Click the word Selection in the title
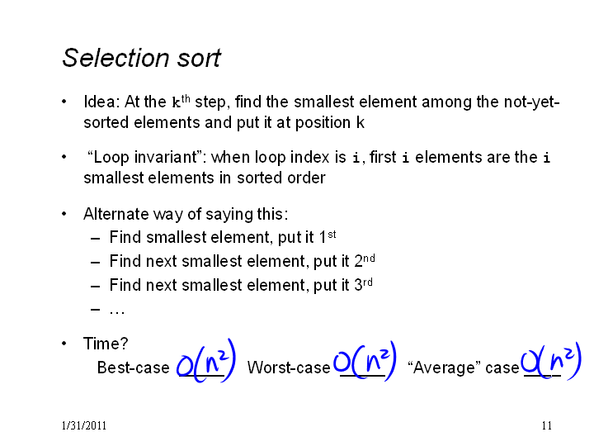(x=115, y=58)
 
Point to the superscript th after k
(x=186, y=98)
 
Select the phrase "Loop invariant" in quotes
(x=148, y=158)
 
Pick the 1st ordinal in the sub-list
(x=328, y=237)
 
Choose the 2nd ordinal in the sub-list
(x=365, y=260)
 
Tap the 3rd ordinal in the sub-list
(x=363, y=284)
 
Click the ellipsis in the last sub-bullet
(x=117, y=312)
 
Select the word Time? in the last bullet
(x=106, y=344)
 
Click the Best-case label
(x=134, y=368)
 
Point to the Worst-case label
(x=289, y=368)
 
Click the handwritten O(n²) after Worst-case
(x=365, y=361)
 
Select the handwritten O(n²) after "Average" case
(x=550, y=362)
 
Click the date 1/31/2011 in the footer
(x=83, y=426)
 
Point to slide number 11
(x=547, y=426)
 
